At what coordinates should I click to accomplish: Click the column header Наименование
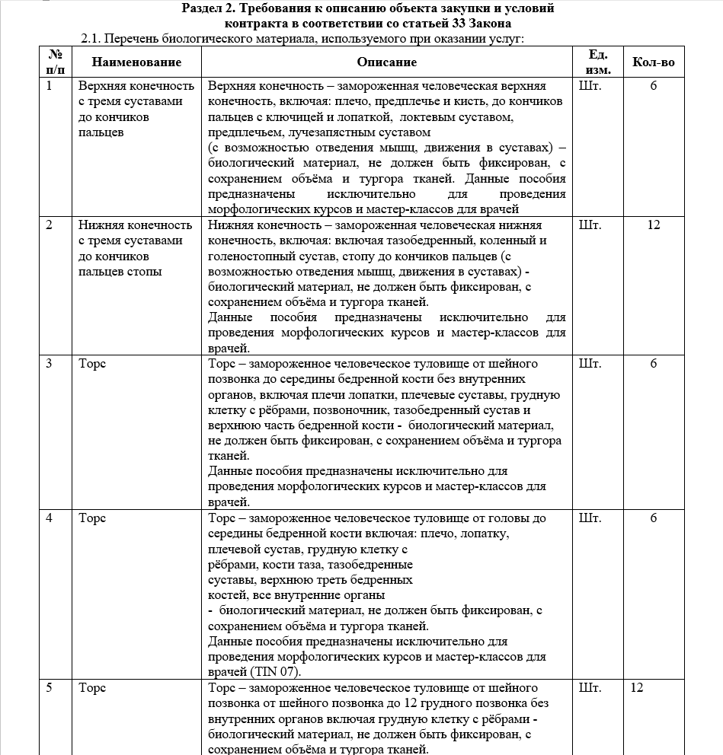pyautogui.click(x=137, y=62)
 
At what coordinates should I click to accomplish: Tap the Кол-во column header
pyautogui.click(x=653, y=62)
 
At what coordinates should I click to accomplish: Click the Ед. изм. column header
pyautogui.click(x=597, y=62)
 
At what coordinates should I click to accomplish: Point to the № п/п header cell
pyautogui.click(x=55, y=62)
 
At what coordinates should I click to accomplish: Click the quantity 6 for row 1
pyautogui.click(x=653, y=86)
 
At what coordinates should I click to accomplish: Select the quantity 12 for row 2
pyautogui.click(x=653, y=225)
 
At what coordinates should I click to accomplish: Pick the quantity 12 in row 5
pyautogui.click(x=637, y=688)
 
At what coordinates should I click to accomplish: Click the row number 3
pyautogui.click(x=49, y=364)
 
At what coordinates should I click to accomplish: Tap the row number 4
pyautogui.click(x=49, y=518)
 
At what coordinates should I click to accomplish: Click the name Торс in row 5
pyautogui.click(x=92, y=688)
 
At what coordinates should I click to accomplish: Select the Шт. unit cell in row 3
pyautogui.click(x=590, y=364)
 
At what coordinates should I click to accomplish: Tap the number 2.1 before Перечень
pyautogui.click(x=90, y=38)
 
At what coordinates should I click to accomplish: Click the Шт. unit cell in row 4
pyautogui.click(x=590, y=518)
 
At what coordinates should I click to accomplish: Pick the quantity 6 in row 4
pyautogui.click(x=653, y=518)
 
